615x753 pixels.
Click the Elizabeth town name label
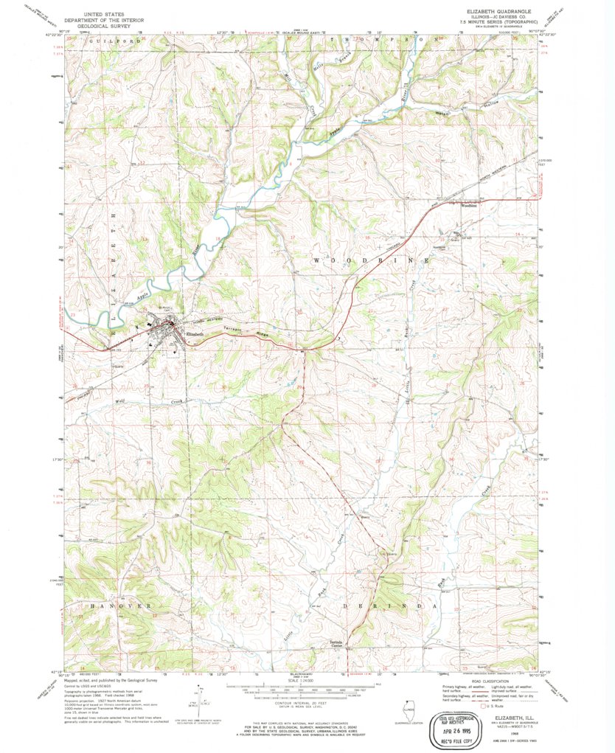tap(195, 333)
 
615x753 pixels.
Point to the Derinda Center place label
tap(337, 644)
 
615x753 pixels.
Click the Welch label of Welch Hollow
tap(442, 112)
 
